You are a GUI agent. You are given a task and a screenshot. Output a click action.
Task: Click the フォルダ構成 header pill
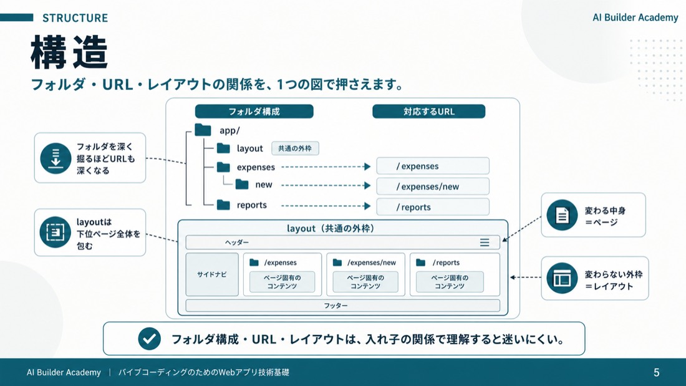(254, 112)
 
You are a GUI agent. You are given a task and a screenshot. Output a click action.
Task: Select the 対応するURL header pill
(429, 112)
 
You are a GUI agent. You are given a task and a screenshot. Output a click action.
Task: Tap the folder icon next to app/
(203, 130)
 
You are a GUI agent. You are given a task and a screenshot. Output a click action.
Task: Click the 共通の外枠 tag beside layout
(296, 148)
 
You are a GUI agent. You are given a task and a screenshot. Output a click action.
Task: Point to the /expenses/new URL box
(433, 186)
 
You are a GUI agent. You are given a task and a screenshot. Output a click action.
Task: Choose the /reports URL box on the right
(433, 206)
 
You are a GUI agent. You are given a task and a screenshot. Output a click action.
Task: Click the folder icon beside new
(242, 184)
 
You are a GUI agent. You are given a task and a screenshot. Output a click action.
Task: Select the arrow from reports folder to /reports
(326, 206)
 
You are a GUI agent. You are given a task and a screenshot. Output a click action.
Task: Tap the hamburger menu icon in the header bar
(485, 243)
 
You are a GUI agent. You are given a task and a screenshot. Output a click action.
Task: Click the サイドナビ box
(212, 274)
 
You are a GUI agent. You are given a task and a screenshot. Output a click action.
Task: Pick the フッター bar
(342, 306)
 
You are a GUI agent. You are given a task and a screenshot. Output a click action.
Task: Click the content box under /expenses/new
(365, 282)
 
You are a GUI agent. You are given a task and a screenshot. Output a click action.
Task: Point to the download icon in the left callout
(56, 158)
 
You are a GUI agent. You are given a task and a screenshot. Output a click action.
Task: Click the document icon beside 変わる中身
(562, 215)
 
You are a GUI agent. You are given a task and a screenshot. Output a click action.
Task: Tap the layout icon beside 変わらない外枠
(562, 278)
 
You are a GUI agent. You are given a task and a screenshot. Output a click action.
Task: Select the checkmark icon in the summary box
(149, 339)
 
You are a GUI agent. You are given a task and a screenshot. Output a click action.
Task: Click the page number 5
(656, 372)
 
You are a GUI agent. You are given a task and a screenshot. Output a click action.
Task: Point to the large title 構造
(69, 52)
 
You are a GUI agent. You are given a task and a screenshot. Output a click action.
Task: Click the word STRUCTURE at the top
(75, 18)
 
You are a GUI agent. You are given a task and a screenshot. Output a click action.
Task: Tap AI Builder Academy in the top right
(635, 17)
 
